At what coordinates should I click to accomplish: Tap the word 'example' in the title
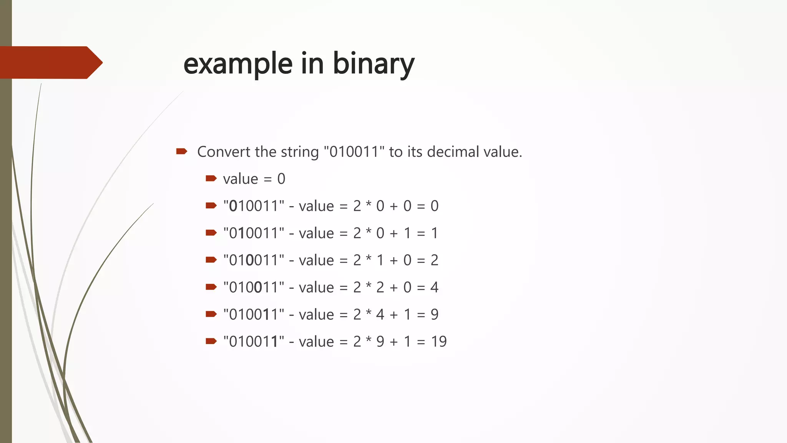238,63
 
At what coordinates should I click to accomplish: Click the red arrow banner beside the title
50,62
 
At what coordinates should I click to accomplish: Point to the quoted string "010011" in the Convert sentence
354,152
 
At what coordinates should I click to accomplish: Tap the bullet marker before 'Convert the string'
181,151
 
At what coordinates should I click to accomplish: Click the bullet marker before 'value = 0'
211,178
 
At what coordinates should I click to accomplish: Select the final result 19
438,341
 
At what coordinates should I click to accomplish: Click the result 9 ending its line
434,315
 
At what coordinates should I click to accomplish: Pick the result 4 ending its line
434,287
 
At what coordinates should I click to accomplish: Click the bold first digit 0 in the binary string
233,206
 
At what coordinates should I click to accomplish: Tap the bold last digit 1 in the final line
274,341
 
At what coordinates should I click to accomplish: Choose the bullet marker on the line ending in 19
211,341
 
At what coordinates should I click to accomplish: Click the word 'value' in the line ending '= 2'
316,260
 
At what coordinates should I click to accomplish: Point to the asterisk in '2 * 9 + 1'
369,341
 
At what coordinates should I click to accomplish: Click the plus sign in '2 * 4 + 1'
394,315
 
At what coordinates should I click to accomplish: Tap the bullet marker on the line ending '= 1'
211,232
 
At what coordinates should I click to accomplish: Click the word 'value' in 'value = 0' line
241,179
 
